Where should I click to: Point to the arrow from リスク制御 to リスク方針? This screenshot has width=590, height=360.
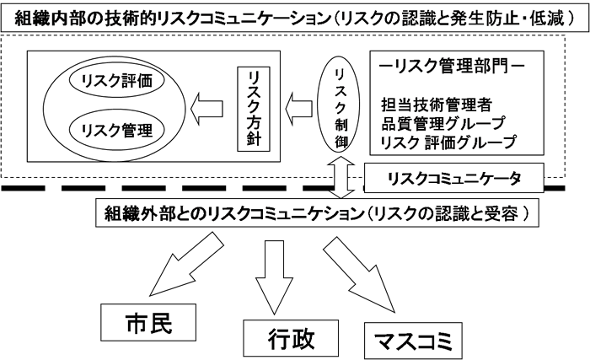297,108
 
